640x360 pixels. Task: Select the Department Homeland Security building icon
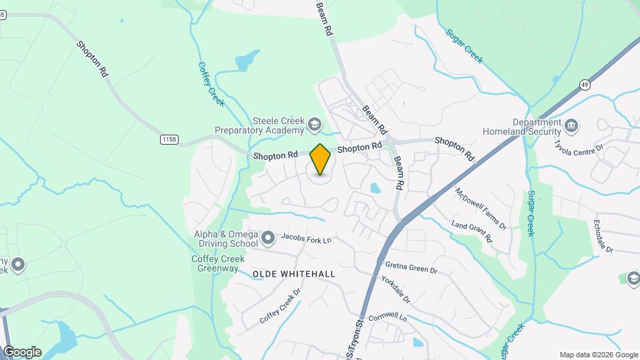571,125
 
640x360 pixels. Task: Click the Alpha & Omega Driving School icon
268,237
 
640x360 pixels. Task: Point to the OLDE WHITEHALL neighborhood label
293,274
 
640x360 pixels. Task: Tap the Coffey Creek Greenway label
215,263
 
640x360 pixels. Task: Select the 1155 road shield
169,139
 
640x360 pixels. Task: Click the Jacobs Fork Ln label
306,237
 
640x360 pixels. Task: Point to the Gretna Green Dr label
411,267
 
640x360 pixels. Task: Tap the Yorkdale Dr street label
395,289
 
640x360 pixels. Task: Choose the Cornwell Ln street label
387,317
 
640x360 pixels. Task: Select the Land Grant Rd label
471,231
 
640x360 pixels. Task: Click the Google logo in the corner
22,352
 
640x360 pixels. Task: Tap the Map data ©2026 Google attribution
599,355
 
